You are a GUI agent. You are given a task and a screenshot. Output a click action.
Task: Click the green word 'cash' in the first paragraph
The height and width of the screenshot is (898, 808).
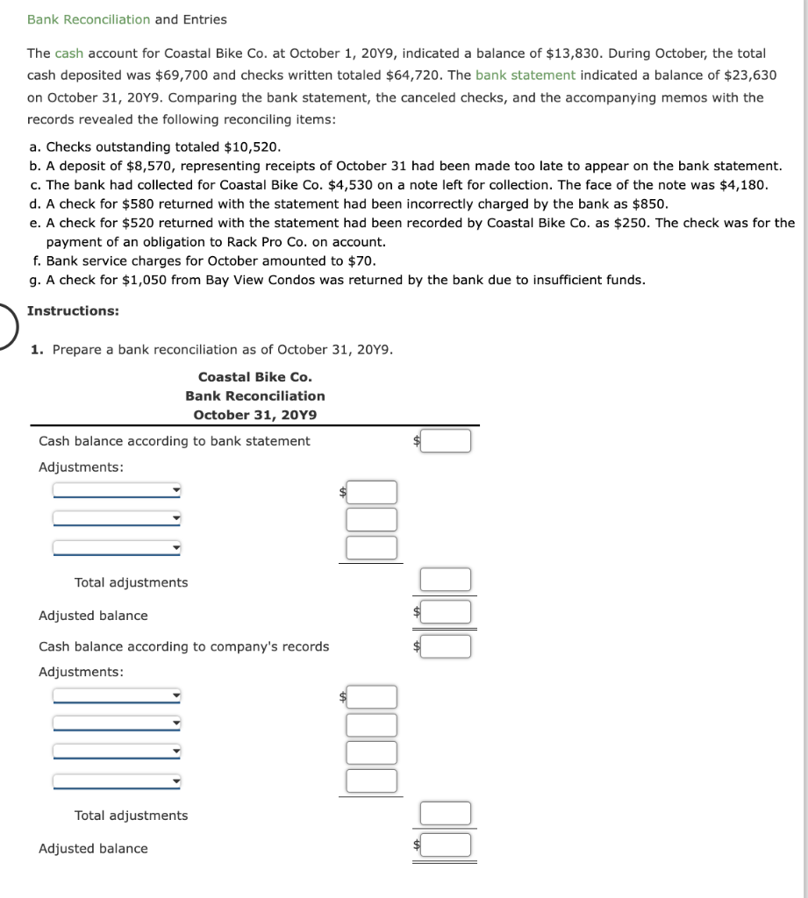point(68,53)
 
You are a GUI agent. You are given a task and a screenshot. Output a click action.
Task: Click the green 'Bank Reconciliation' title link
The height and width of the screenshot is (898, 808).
point(89,19)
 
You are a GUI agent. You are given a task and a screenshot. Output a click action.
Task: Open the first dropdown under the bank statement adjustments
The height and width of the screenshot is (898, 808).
point(117,491)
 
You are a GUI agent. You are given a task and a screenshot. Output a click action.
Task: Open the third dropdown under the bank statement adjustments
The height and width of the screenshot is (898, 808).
point(117,548)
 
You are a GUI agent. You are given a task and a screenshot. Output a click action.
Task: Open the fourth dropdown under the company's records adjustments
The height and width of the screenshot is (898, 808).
point(117,780)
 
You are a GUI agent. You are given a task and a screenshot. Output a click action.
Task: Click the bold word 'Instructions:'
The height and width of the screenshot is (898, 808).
point(74,311)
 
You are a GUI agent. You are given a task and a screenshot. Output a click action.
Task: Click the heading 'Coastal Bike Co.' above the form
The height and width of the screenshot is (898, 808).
point(254,377)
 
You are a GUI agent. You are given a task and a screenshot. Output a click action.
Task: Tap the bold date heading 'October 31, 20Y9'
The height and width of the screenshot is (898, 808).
point(254,415)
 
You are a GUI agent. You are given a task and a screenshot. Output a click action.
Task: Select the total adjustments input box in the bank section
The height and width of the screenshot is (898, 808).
point(445,580)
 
